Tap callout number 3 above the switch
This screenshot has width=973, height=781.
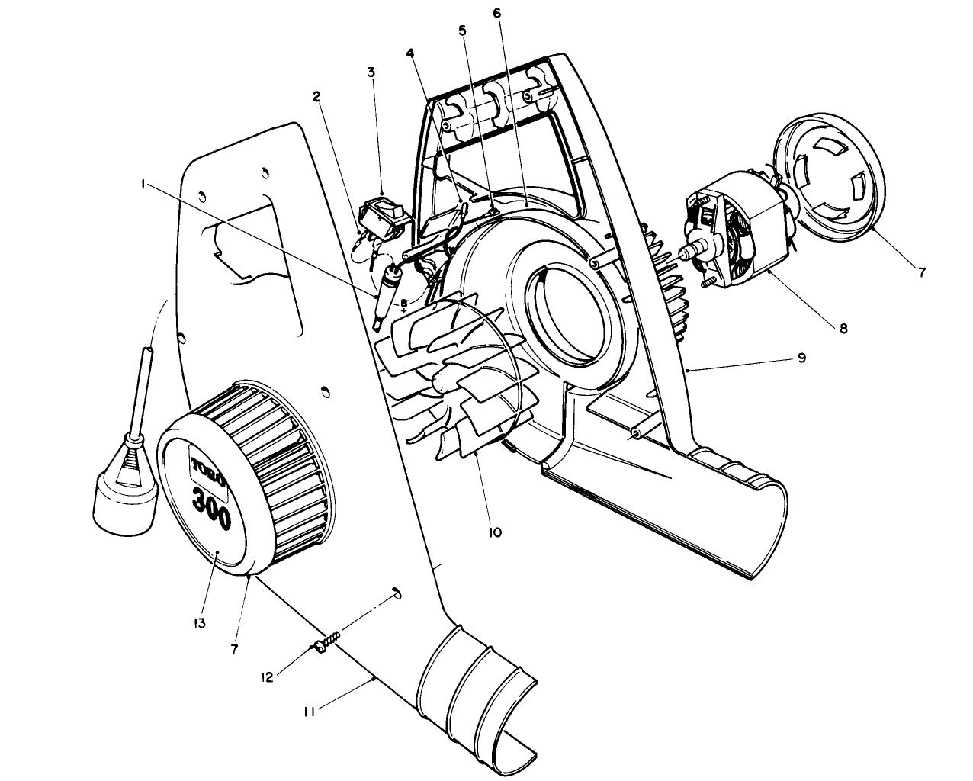[371, 72]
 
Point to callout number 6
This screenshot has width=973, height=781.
[497, 14]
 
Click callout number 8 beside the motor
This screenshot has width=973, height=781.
[843, 329]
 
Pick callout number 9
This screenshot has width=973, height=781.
[801, 356]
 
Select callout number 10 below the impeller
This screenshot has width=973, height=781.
[495, 532]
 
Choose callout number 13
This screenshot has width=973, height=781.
[200, 623]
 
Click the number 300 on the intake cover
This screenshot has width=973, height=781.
[210, 509]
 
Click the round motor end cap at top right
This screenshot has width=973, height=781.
[829, 172]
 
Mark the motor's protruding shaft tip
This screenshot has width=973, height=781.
[687, 251]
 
